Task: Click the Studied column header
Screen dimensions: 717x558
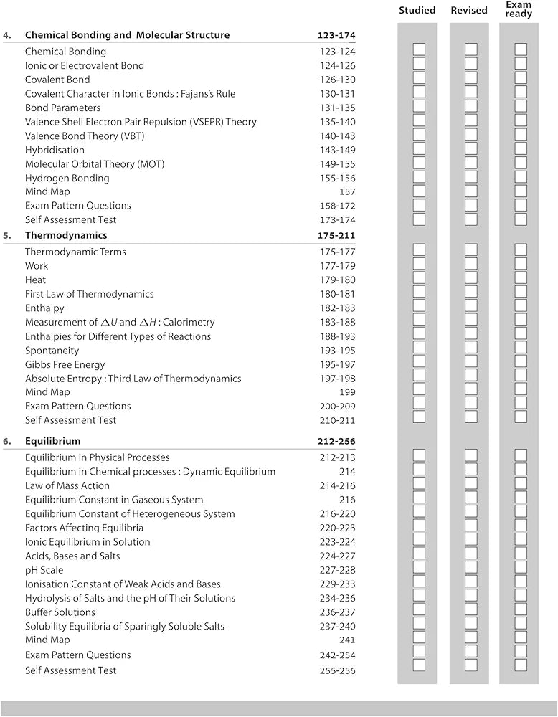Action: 417,10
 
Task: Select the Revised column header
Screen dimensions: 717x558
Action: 469,10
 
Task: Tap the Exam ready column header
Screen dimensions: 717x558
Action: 519,9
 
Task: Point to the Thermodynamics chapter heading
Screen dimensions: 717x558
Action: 66,235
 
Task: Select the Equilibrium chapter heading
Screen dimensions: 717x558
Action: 52,441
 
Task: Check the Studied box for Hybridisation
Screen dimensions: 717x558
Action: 419,150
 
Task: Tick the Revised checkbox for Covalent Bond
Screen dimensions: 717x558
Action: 470,80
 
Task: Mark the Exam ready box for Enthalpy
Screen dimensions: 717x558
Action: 521,308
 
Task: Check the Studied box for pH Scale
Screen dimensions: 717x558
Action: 419,570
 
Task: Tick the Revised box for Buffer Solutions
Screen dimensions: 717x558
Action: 470,612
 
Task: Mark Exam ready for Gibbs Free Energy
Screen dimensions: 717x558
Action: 521,364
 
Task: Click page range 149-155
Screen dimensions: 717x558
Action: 337,164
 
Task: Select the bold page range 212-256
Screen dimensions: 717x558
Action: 336,441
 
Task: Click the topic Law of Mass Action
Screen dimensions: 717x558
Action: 67,485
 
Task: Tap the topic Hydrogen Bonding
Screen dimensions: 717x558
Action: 67,178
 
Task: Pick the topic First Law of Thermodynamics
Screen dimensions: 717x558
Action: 89,294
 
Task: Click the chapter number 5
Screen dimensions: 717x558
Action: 6,235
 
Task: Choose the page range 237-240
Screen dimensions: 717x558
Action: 337,626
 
